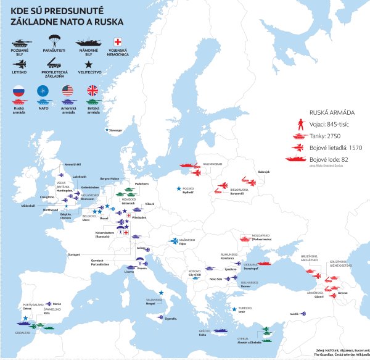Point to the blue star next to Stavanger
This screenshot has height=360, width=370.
click(107, 130)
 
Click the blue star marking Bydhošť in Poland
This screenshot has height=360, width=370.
click(179, 188)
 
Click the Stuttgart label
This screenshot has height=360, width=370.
click(74, 254)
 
